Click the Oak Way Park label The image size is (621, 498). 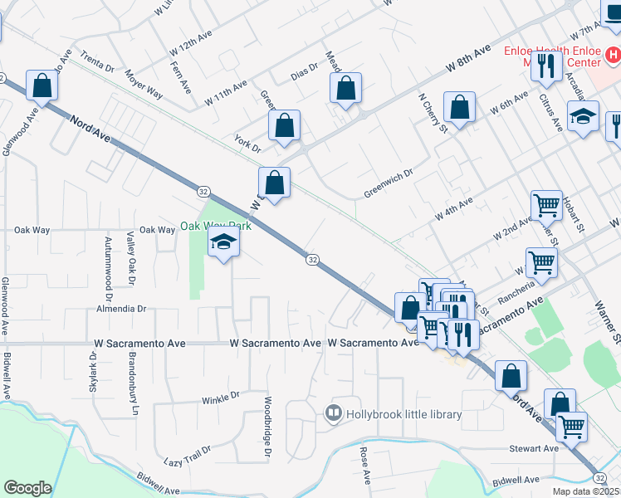(216, 226)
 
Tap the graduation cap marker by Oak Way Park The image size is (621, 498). (222, 243)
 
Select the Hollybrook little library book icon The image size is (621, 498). (334, 413)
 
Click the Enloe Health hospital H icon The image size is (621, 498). (612, 55)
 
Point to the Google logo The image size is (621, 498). (27, 488)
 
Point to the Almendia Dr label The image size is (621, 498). (121, 308)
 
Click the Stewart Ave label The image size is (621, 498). (535, 449)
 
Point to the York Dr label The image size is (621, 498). (247, 144)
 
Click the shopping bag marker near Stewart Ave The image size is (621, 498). (560, 403)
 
